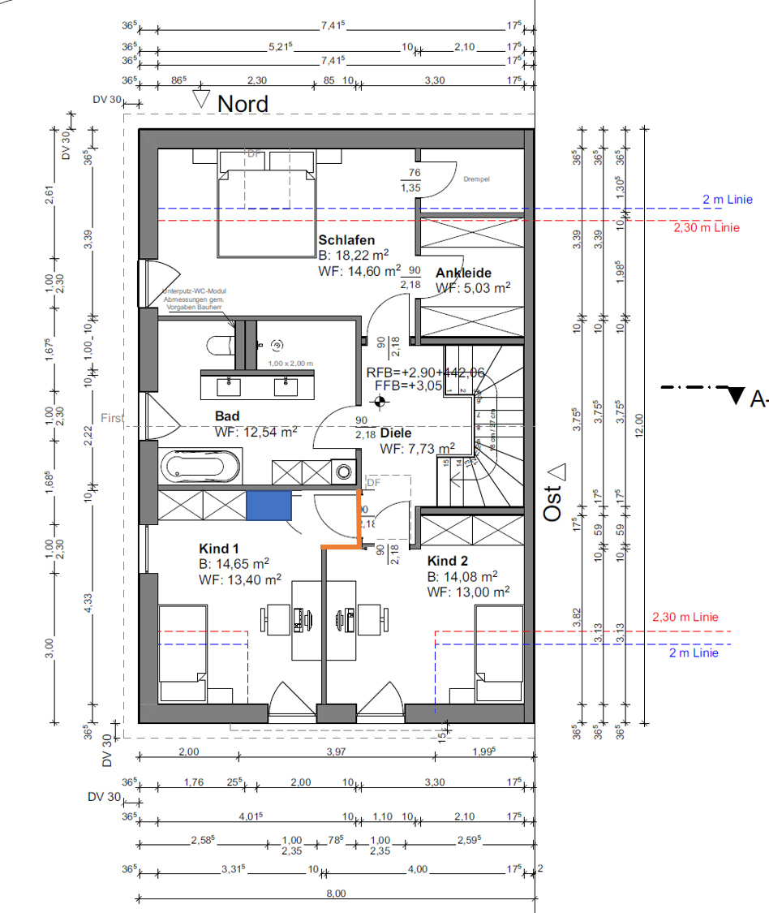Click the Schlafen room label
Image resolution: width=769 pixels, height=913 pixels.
click(x=346, y=240)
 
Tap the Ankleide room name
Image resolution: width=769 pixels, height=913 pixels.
click(x=463, y=273)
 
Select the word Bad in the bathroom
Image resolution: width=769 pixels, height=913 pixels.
click(x=227, y=416)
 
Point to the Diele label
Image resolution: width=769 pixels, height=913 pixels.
click(x=396, y=433)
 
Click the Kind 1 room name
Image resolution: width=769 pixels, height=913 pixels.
click(x=219, y=549)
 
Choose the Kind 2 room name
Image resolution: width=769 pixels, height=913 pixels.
click(x=449, y=561)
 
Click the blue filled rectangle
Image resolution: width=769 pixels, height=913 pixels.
click(x=269, y=505)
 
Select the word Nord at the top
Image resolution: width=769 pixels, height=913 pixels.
click(x=243, y=104)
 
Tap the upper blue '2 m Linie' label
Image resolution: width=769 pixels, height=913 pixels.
click(x=728, y=199)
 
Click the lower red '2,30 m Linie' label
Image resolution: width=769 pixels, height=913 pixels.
click(x=685, y=618)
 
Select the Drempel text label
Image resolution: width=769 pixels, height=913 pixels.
click(x=479, y=179)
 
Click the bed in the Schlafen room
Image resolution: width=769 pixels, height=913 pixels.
click(x=264, y=203)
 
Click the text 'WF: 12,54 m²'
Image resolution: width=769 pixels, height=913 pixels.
click(x=256, y=432)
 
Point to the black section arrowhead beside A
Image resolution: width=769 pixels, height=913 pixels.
click(x=736, y=396)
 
